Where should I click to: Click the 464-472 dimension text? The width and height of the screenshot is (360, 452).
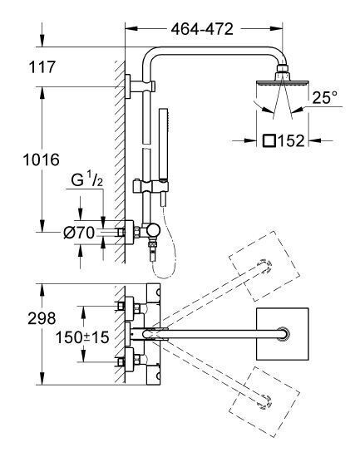coord(202,29)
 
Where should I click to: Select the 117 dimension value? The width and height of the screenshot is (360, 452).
coord(42,66)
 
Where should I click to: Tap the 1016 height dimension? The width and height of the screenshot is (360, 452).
coord(41,160)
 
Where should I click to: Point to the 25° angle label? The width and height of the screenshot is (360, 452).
coord(325,97)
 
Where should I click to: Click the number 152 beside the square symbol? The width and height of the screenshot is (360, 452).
coord(292,141)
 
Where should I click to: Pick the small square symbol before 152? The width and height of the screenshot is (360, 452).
coord(269,141)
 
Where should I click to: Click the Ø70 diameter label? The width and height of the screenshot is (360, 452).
coord(79,233)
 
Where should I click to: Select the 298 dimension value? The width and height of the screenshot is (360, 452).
coord(42,318)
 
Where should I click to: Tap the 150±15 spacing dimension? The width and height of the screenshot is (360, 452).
coord(82,337)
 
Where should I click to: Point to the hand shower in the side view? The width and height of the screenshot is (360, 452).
coord(164,157)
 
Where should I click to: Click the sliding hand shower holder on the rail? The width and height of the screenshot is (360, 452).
coord(150,186)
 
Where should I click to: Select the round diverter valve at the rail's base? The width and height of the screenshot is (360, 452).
coord(153,230)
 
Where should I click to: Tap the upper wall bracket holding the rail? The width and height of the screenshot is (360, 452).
coord(141,86)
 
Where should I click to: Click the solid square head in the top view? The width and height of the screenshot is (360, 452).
coord(283,334)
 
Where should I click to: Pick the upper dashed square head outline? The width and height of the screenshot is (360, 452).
coord(264,266)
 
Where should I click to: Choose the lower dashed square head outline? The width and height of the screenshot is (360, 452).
coord(264,402)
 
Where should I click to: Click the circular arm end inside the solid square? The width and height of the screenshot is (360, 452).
coord(284,334)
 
